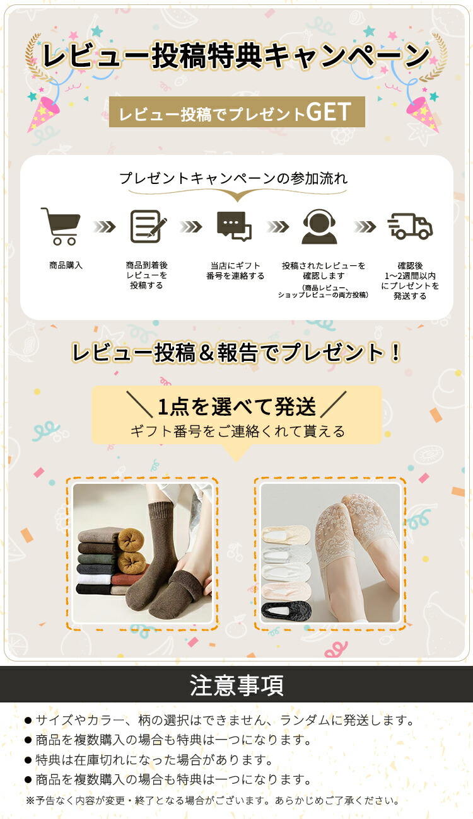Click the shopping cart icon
(61, 226)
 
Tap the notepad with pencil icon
(148, 226)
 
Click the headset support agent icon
(319, 226)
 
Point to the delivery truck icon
(410, 226)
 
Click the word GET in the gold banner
(329, 112)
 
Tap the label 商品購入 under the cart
(66, 265)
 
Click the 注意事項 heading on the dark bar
(237, 685)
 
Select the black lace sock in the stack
(286, 609)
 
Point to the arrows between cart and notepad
(104, 227)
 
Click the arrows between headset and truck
(365, 227)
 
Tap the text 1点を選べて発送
(237, 406)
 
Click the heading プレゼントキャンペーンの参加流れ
(233, 178)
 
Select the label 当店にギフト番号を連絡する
(235, 270)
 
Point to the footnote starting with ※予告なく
(213, 800)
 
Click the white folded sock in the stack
(94, 579)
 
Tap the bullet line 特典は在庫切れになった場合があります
(148, 760)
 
